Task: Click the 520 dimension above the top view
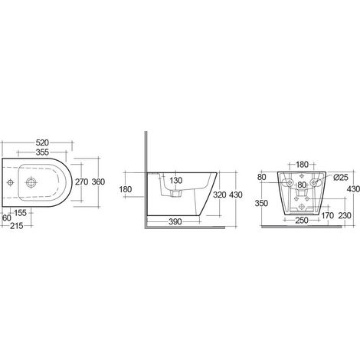pyautogui.click(x=42, y=142)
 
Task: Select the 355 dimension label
pyautogui.click(x=42, y=152)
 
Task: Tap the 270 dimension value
pyautogui.click(x=81, y=182)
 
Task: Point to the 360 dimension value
pyautogui.click(x=98, y=182)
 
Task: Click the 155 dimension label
pyautogui.click(x=20, y=213)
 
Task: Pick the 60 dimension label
pyautogui.click(x=7, y=218)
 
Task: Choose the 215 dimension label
pyautogui.click(x=17, y=226)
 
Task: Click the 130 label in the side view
pyautogui.click(x=176, y=181)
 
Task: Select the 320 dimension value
pyautogui.click(x=220, y=195)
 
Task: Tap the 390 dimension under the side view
pyautogui.click(x=175, y=221)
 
